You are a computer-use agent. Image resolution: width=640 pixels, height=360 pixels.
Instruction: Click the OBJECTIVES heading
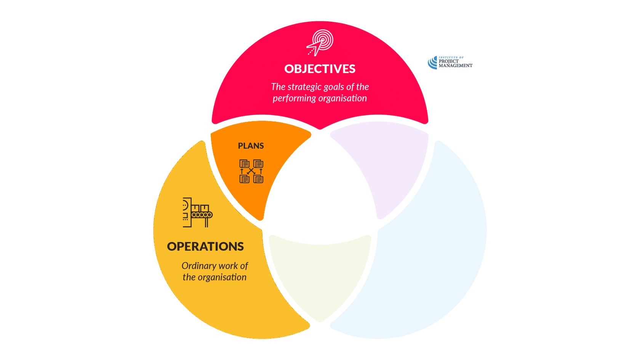point(320,69)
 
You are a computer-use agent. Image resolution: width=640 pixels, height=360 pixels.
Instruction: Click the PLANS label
point(251,146)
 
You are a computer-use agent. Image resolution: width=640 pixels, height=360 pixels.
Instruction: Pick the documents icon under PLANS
point(251,171)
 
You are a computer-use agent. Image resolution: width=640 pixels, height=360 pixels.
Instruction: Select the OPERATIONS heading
point(205,246)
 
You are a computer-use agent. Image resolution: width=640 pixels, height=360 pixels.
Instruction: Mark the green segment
point(320,274)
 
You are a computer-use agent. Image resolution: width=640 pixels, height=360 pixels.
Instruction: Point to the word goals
point(334,87)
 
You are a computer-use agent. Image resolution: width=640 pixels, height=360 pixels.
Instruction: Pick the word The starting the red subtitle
point(278,87)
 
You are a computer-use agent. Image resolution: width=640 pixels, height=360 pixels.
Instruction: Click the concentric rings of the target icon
point(323,39)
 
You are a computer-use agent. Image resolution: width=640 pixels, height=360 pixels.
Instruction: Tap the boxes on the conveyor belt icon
point(200,208)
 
